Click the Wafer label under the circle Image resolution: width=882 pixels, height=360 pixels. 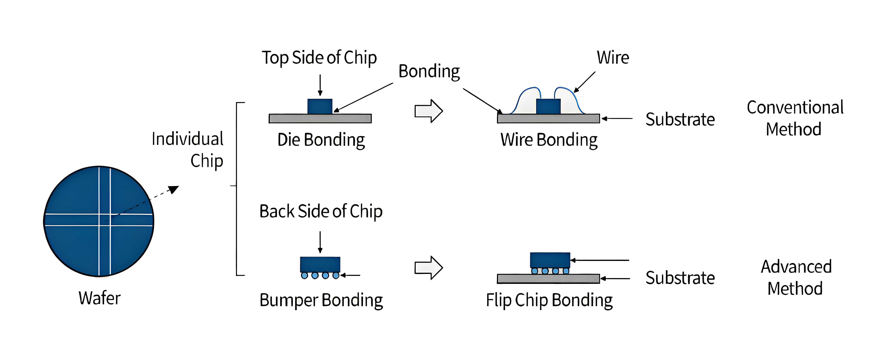[x=100, y=298]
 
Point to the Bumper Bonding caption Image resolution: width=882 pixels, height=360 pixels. [x=321, y=300]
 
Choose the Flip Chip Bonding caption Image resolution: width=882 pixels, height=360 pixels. [x=549, y=300]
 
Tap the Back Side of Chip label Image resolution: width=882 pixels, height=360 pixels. [x=321, y=211]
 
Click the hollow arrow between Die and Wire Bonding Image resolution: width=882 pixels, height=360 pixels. [x=429, y=111]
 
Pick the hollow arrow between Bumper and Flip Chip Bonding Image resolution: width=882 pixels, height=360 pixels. [x=429, y=268]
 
